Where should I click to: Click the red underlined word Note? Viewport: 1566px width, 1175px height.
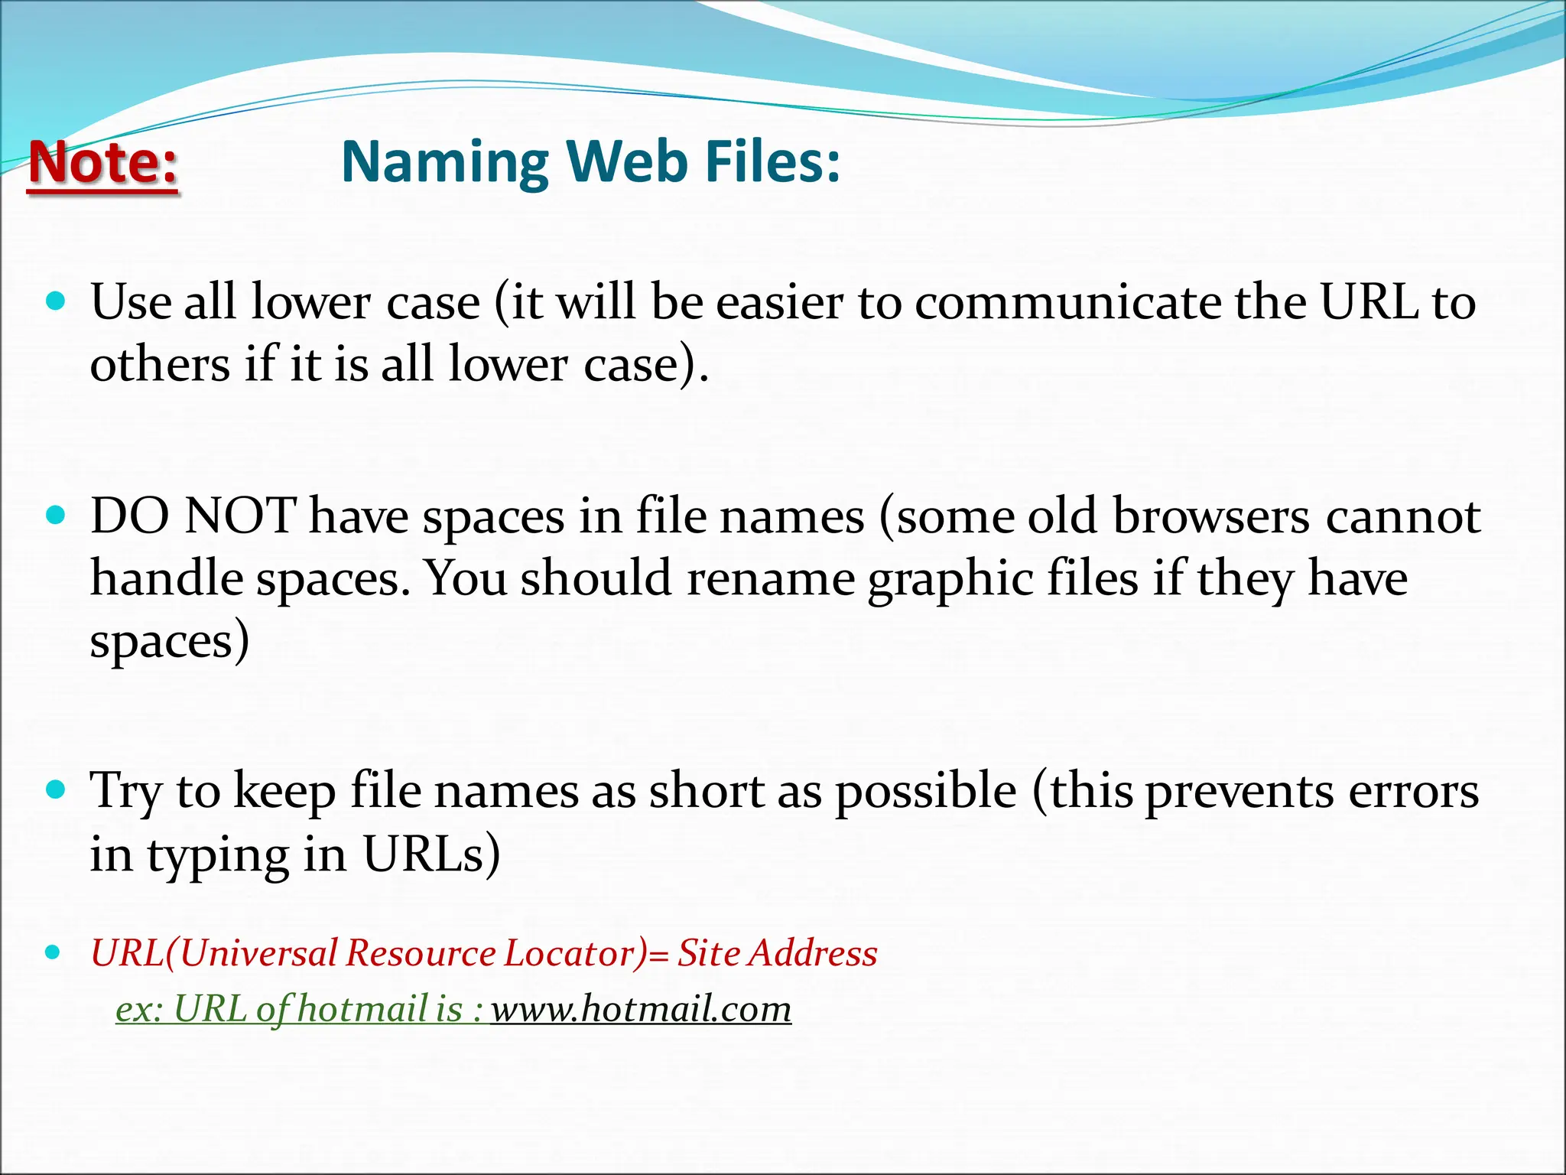click(103, 163)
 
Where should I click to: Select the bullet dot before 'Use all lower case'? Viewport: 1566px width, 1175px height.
click(56, 301)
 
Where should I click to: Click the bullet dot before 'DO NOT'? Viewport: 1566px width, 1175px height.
click(56, 515)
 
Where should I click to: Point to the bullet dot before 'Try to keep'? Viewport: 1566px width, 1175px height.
click(56, 789)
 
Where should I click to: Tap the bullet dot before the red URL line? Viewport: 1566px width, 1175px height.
click(53, 952)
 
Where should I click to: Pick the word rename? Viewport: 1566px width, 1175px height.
click(770, 578)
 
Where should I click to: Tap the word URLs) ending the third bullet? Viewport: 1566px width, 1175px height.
click(431, 854)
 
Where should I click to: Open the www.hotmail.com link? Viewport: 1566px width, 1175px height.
click(641, 1008)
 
